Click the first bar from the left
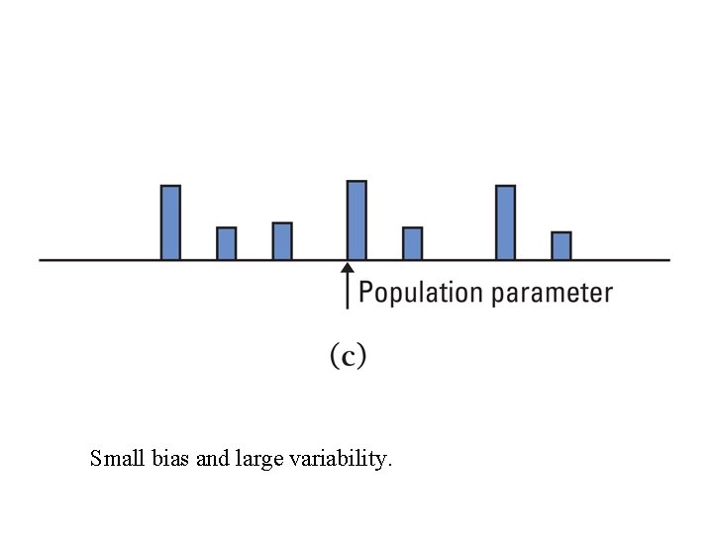(170, 222)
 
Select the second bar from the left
(226, 243)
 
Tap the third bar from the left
(282, 241)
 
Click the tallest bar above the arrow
(356, 220)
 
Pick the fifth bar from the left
(412, 243)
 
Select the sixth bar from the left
(505, 222)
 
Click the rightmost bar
(560, 245)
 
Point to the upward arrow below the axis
(347, 286)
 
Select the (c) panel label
(348, 356)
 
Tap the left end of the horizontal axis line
(41, 260)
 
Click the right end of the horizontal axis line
(669, 260)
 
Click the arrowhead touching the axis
(347, 267)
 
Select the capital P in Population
(365, 293)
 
